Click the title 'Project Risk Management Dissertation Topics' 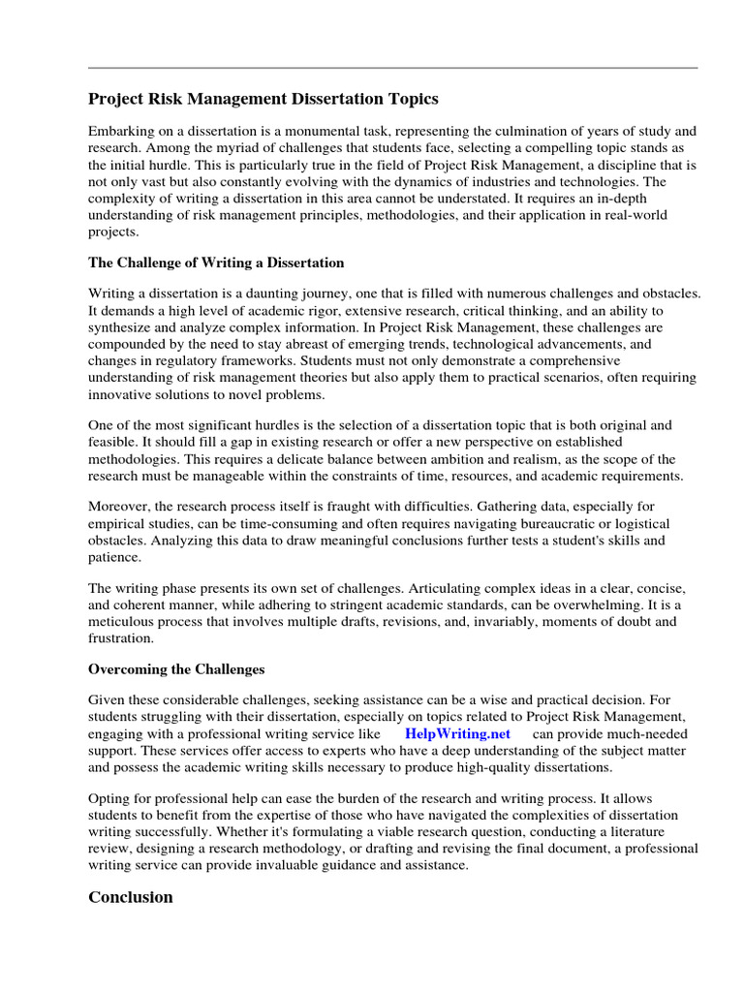coord(263,99)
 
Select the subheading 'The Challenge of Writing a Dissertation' coord(216,263)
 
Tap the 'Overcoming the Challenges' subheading coord(176,669)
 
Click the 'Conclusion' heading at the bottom coord(131,897)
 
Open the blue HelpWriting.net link coord(457,734)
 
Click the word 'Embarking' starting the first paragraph coord(121,131)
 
